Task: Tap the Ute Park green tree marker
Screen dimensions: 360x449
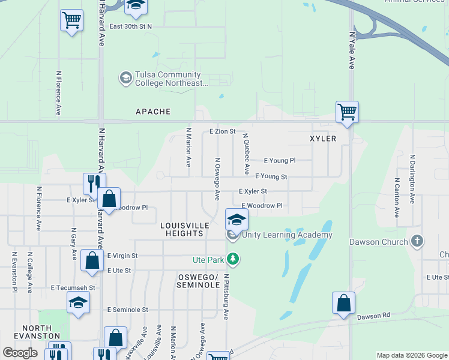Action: pyautogui.click(x=233, y=260)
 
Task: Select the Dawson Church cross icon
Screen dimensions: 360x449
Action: pyautogui.click(x=418, y=242)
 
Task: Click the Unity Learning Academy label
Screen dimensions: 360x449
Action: pyautogui.click(x=287, y=235)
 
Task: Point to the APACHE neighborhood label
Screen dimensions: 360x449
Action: pyautogui.click(x=153, y=112)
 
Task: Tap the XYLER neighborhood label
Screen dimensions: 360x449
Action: pyautogui.click(x=322, y=139)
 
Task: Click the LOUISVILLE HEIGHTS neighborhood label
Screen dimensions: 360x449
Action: pyautogui.click(x=185, y=229)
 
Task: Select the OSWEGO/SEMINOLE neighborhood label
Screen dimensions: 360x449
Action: pyautogui.click(x=198, y=281)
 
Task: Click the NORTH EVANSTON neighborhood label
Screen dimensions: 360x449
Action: pyautogui.click(x=37, y=332)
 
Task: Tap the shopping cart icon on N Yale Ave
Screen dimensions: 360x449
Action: pyautogui.click(x=347, y=112)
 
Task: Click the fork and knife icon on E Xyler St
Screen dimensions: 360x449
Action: pyautogui.click(x=94, y=182)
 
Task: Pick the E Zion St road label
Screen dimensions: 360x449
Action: pyautogui.click(x=222, y=131)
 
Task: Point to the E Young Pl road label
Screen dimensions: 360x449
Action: pyautogui.click(x=280, y=161)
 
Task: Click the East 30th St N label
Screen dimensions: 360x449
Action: pyautogui.click(x=131, y=26)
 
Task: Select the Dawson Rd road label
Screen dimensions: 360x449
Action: pyautogui.click(x=373, y=316)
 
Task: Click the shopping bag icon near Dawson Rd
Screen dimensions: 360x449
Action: pyautogui.click(x=343, y=302)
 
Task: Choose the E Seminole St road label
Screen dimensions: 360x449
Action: pyautogui.click(x=127, y=310)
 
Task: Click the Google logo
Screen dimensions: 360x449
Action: pyautogui.click(x=20, y=353)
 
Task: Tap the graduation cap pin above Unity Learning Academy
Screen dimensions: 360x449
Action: pyautogui.click(x=237, y=219)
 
